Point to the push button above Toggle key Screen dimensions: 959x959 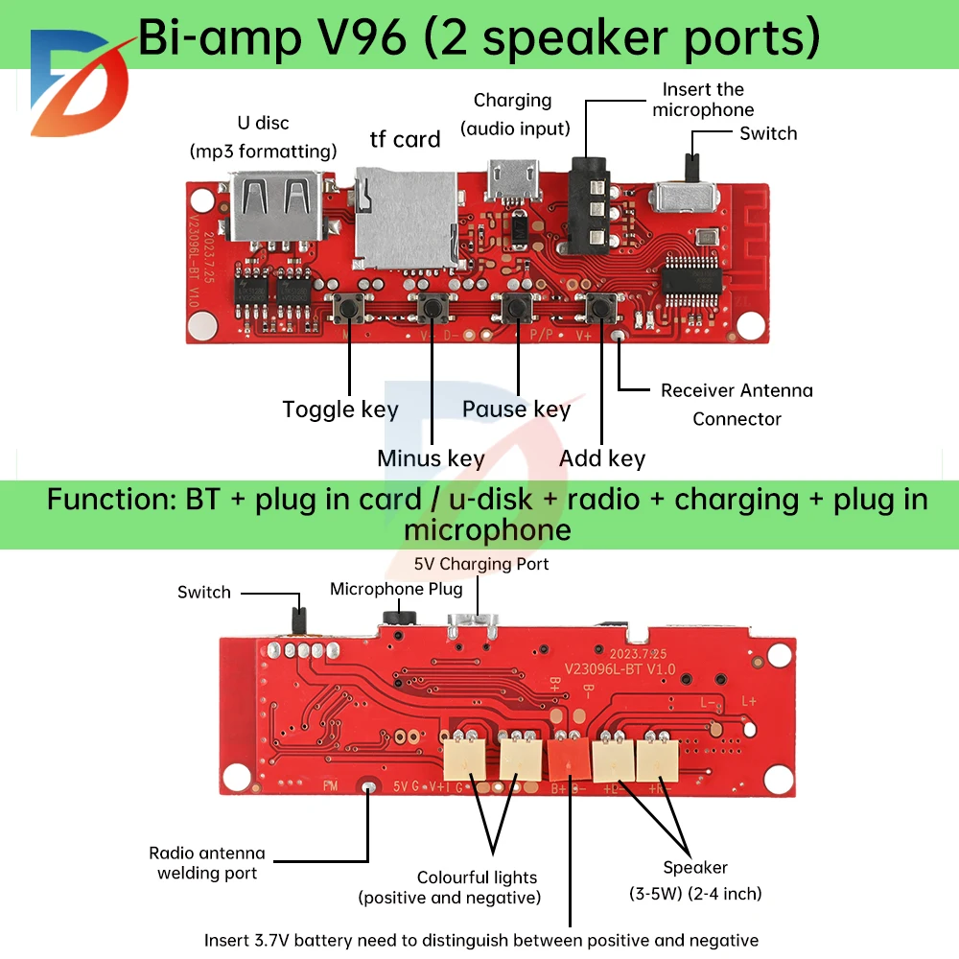[347, 309]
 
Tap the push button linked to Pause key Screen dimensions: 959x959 [518, 309]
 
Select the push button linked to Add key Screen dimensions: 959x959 [602, 309]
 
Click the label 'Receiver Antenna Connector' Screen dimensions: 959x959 [737, 404]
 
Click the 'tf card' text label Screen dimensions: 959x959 [405, 140]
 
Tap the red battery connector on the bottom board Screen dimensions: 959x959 [568, 759]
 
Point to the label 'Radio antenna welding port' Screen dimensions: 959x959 [207, 862]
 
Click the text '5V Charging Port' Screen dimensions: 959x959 [480, 564]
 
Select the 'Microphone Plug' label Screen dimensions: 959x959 [396, 589]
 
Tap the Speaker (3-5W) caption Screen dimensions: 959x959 [695, 879]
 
